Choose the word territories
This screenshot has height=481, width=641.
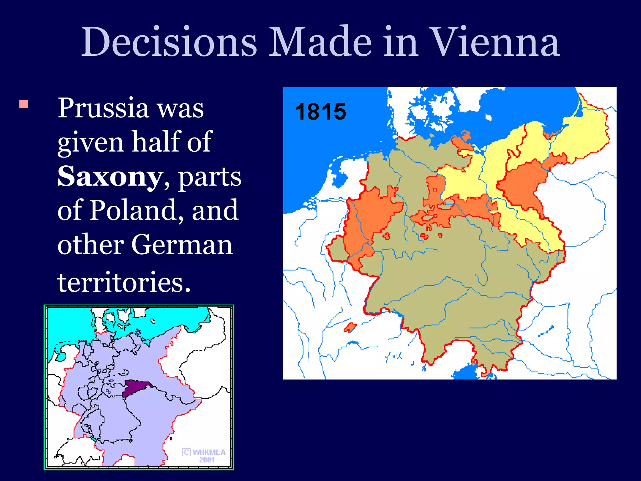click(x=124, y=282)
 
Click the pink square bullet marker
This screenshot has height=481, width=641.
click(x=24, y=104)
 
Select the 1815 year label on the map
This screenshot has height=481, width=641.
click(x=320, y=112)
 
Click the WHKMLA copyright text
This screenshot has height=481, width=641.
click(x=209, y=452)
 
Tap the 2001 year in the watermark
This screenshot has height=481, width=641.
click(x=207, y=460)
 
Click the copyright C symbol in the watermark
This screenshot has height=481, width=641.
click(x=186, y=452)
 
